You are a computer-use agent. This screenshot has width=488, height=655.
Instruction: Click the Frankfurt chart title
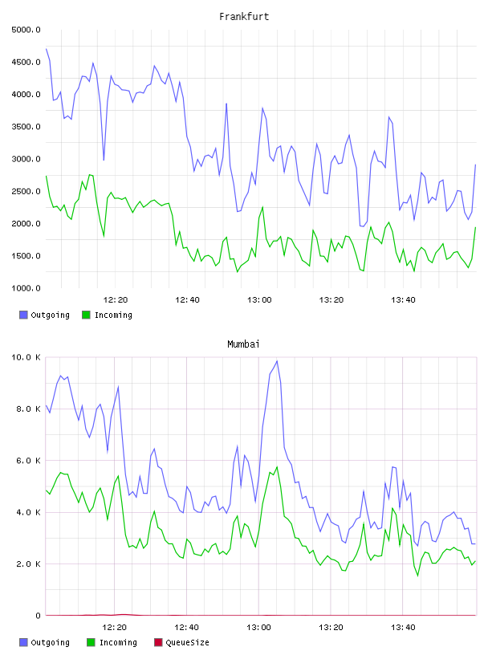[x=244, y=17]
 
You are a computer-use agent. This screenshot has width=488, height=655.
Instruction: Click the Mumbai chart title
[x=243, y=344]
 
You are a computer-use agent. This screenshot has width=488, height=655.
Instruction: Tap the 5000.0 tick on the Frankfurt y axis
[x=26, y=30]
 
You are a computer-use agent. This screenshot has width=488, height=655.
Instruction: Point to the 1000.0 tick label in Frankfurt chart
[x=26, y=288]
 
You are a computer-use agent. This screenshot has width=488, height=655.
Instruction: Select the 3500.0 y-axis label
[x=26, y=127]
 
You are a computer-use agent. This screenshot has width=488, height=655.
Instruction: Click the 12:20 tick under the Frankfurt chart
[x=116, y=300]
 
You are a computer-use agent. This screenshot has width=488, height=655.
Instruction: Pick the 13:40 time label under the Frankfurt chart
[x=403, y=300]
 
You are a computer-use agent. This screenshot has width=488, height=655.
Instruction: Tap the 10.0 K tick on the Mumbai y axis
[x=26, y=357]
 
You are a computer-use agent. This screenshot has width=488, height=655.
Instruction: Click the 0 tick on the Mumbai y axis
[x=38, y=616]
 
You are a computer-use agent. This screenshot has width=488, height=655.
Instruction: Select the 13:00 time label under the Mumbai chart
[x=258, y=628]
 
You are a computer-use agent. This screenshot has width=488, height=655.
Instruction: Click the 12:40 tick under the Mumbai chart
[x=186, y=628]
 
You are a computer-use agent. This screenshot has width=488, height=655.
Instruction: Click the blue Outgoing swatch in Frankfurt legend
[x=23, y=315]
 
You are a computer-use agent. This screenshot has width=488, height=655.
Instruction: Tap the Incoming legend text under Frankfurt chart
[x=113, y=315]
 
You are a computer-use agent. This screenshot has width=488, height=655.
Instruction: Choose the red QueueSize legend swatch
[x=158, y=642]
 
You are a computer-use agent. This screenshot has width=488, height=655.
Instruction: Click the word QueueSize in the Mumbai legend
[x=188, y=642]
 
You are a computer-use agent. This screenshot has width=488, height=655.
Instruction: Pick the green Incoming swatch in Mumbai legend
[x=91, y=642]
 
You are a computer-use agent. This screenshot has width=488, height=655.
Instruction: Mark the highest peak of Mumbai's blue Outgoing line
[x=277, y=361]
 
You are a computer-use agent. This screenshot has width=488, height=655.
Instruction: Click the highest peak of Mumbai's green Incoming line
[x=277, y=467]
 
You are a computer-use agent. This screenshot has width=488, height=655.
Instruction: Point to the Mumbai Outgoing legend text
[x=50, y=642]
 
